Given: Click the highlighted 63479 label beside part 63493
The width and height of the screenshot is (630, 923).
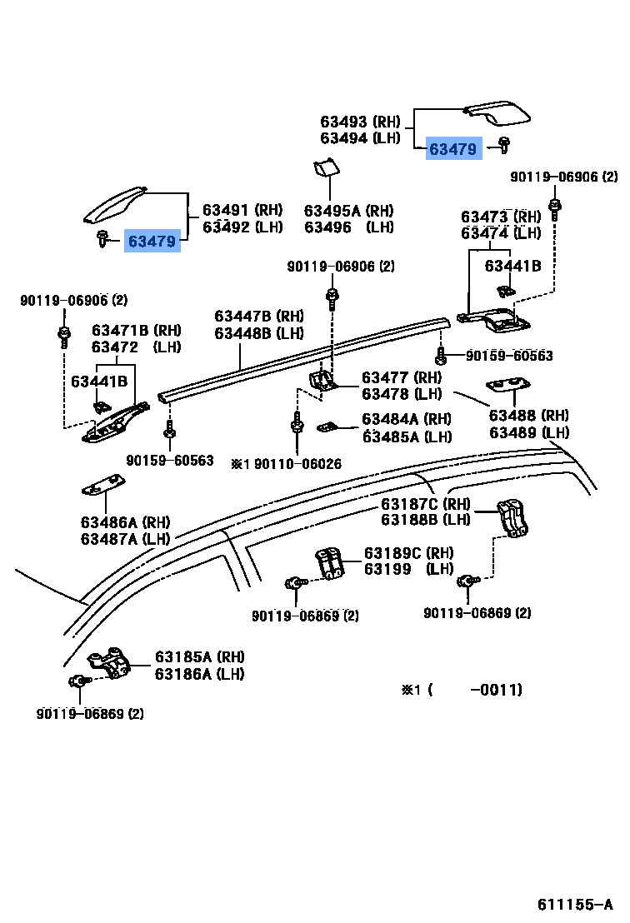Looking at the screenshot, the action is (x=452, y=149).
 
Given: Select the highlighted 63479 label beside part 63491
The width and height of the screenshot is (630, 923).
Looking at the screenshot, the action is (x=152, y=242).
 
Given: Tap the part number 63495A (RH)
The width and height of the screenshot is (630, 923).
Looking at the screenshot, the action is (x=348, y=211).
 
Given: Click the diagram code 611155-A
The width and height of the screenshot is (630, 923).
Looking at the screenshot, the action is (x=575, y=904).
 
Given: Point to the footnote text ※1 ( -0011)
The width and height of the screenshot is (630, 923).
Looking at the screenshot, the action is (x=462, y=689).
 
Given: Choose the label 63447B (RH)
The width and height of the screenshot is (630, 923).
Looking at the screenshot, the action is (x=259, y=317).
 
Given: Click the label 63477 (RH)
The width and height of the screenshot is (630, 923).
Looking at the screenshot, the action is (x=402, y=377).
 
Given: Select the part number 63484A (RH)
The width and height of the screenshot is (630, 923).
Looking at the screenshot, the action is (x=407, y=419).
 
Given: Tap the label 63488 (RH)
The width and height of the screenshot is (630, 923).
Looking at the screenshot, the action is (x=528, y=416).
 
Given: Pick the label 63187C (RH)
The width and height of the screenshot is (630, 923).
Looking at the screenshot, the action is (x=426, y=504).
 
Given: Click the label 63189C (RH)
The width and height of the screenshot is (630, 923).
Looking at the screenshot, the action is (x=408, y=553).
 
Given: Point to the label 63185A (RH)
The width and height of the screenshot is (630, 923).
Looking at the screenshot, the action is (x=200, y=657).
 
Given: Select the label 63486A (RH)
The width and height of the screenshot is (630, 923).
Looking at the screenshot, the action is (x=125, y=522).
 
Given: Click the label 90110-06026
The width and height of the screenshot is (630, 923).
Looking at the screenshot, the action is (x=297, y=464).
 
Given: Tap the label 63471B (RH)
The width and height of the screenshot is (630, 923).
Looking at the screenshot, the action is (x=136, y=330).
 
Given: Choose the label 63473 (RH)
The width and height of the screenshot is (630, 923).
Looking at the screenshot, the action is (x=501, y=217).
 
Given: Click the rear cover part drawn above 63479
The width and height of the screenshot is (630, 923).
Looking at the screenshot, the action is (x=498, y=112).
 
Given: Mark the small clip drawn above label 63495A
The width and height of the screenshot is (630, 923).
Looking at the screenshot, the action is (x=326, y=167).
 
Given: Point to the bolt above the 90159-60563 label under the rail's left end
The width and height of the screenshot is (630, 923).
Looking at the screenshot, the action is (x=169, y=430).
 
